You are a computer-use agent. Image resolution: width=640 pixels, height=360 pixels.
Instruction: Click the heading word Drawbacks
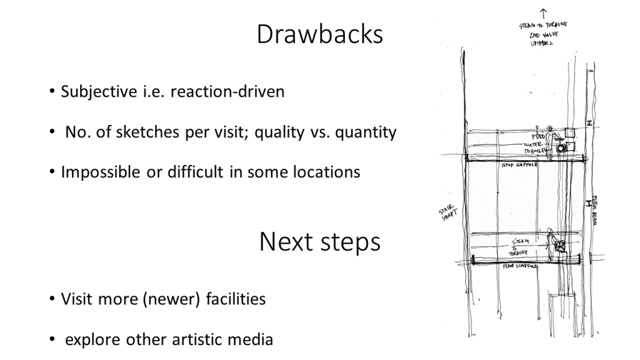pyautogui.click(x=319, y=34)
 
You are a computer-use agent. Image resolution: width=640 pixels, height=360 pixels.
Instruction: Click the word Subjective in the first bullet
pyautogui.click(x=95, y=92)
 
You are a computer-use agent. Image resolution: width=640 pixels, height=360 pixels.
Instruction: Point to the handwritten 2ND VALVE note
pyautogui.click(x=543, y=36)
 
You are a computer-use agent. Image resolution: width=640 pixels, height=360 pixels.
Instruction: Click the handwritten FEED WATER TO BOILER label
pyautogui.click(x=538, y=143)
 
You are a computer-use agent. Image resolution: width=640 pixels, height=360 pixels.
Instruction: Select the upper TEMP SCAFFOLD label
pyautogui.click(x=521, y=166)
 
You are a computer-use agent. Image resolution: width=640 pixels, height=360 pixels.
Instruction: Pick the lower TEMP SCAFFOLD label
pyautogui.click(x=521, y=266)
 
